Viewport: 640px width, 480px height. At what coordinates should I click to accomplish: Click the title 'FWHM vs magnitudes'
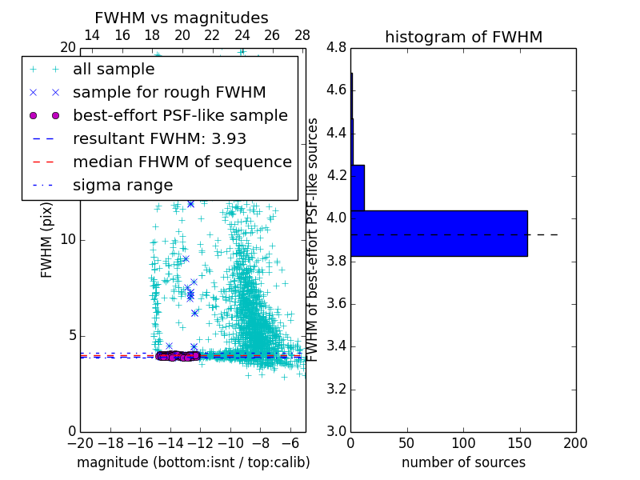182,18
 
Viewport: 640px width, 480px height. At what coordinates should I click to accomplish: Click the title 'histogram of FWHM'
463,37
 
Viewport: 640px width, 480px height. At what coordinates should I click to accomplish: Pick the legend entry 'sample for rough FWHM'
169,93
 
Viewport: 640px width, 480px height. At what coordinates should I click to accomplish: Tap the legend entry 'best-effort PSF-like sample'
180,116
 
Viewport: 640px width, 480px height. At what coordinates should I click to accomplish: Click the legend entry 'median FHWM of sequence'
182,162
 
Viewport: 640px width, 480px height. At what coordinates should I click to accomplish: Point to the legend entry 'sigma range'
122,186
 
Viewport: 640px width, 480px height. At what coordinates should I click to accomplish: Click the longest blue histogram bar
438,233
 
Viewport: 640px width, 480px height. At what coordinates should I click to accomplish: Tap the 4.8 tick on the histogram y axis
336,47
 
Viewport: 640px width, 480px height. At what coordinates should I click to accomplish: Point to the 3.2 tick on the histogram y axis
336,390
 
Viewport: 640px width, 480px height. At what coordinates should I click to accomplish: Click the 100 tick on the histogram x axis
463,442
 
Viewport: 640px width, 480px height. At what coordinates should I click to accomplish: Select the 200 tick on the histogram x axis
575,442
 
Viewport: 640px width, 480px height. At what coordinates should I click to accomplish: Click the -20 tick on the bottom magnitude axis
81,442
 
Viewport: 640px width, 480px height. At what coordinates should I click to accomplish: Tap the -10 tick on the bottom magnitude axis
230,442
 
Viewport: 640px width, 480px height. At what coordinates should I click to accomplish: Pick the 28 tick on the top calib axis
302,35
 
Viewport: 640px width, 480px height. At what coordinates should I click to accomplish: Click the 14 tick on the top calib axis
92,35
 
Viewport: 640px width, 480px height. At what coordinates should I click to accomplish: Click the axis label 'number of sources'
463,462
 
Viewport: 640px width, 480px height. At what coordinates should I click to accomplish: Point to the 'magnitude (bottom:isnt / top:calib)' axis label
193,462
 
